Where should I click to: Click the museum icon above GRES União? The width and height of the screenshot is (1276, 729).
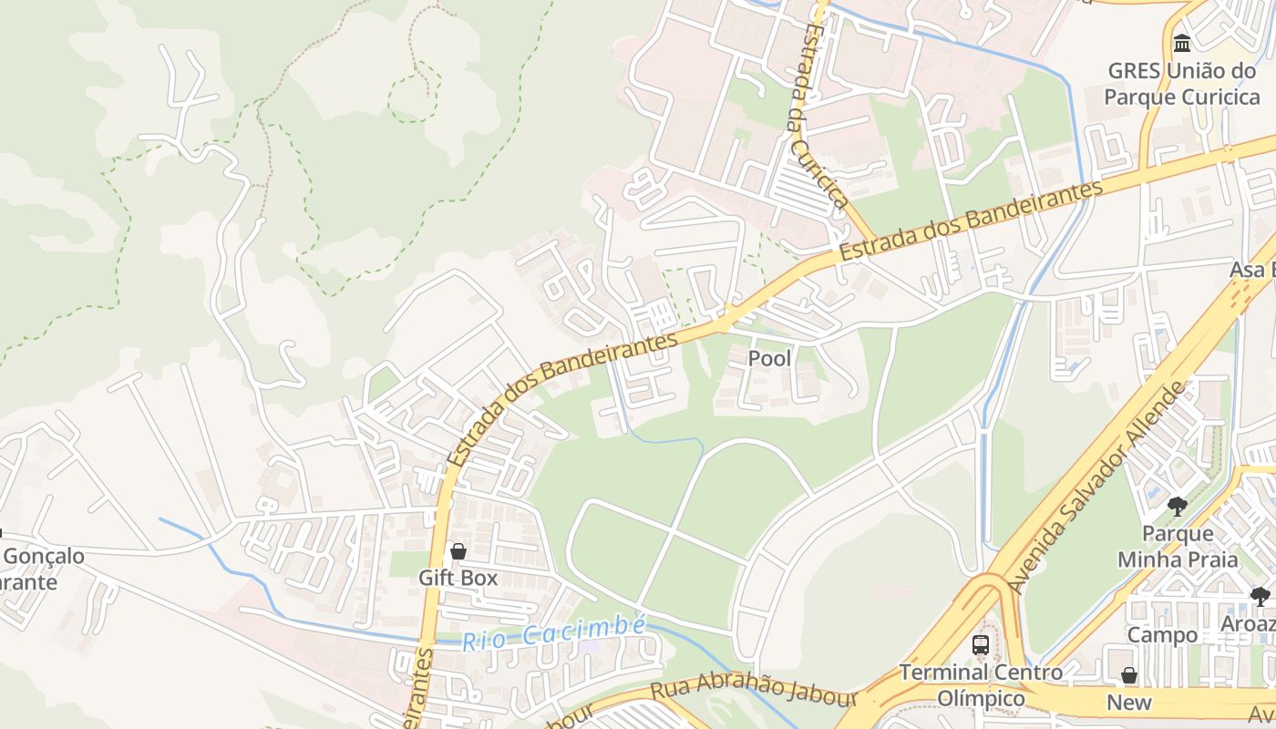(x=1182, y=43)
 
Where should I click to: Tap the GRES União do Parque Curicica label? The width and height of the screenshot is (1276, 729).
(x=1181, y=83)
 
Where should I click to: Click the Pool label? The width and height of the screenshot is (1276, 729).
(x=770, y=358)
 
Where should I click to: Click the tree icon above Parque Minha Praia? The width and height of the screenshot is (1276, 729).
(x=1178, y=506)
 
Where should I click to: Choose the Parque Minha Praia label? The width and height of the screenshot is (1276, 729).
(x=1178, y=546)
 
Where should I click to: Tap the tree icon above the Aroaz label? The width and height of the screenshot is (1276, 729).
(x=1261, y=597)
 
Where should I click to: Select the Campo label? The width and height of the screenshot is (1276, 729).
(x=1162, y=635)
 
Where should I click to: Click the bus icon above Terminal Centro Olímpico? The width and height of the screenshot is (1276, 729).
(x=981, y=645)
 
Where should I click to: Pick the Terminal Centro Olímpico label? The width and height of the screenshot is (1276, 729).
(x=981, y=685)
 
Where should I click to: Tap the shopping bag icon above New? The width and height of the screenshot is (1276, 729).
(x=1129, y=675)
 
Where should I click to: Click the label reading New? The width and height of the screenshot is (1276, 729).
(x=1129, y=703)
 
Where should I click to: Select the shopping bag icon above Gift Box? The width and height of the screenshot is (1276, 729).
(x=458, y=551)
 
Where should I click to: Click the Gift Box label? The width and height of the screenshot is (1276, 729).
(x=458, y=578)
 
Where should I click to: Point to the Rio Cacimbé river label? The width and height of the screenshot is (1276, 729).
(x=553, y=633)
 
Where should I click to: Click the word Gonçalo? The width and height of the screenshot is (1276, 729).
(x=44, y=556)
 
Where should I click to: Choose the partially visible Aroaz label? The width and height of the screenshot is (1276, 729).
(x=1250, y=624)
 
